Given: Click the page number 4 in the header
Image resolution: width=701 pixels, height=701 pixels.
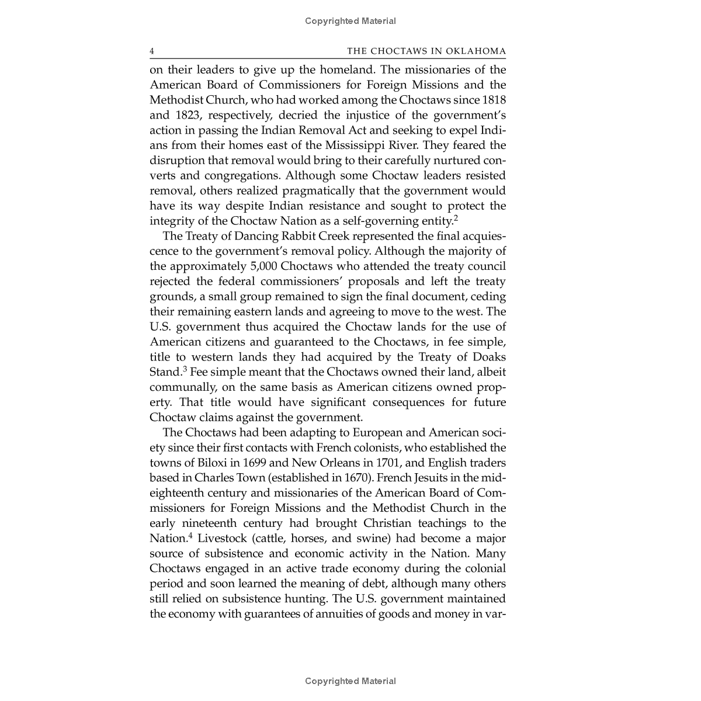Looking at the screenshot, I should coord(152,51).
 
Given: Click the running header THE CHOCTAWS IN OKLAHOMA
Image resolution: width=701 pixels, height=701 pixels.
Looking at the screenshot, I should coord(426,51).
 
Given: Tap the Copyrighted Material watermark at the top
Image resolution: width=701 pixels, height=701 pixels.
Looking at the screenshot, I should coord(350,21).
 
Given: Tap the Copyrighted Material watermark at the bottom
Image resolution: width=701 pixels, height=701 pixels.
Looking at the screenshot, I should coord(350,681).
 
